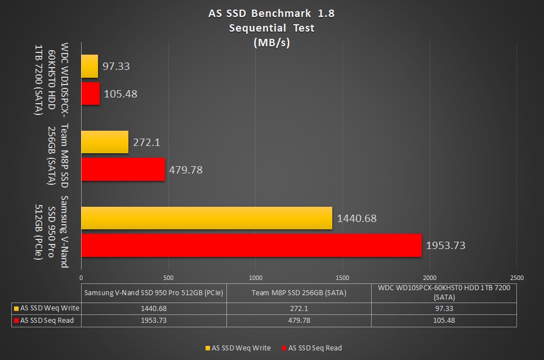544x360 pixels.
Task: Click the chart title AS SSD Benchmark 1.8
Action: pos(272,14)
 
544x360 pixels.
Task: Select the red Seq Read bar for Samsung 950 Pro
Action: pos(251,245)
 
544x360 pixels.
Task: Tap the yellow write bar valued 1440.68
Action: pos(207,218)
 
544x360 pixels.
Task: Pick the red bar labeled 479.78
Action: pos(123,169)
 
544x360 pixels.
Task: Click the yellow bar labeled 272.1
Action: pos(105,142)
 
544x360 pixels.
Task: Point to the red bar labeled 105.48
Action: pos(90,94)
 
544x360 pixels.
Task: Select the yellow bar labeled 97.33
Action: pos(90,66)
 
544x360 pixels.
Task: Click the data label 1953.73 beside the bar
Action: pos(446,246)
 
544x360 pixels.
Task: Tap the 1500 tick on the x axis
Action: pos(342,278)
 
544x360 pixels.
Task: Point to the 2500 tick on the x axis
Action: pos(516,278)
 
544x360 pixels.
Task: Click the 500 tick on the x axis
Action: pos(168,278)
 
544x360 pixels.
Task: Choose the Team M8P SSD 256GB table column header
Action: pos(298,292)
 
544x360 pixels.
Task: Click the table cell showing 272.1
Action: pos(298,308)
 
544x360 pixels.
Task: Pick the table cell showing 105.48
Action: pos(444,320)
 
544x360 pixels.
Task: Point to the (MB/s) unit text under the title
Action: pos(272,42)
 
